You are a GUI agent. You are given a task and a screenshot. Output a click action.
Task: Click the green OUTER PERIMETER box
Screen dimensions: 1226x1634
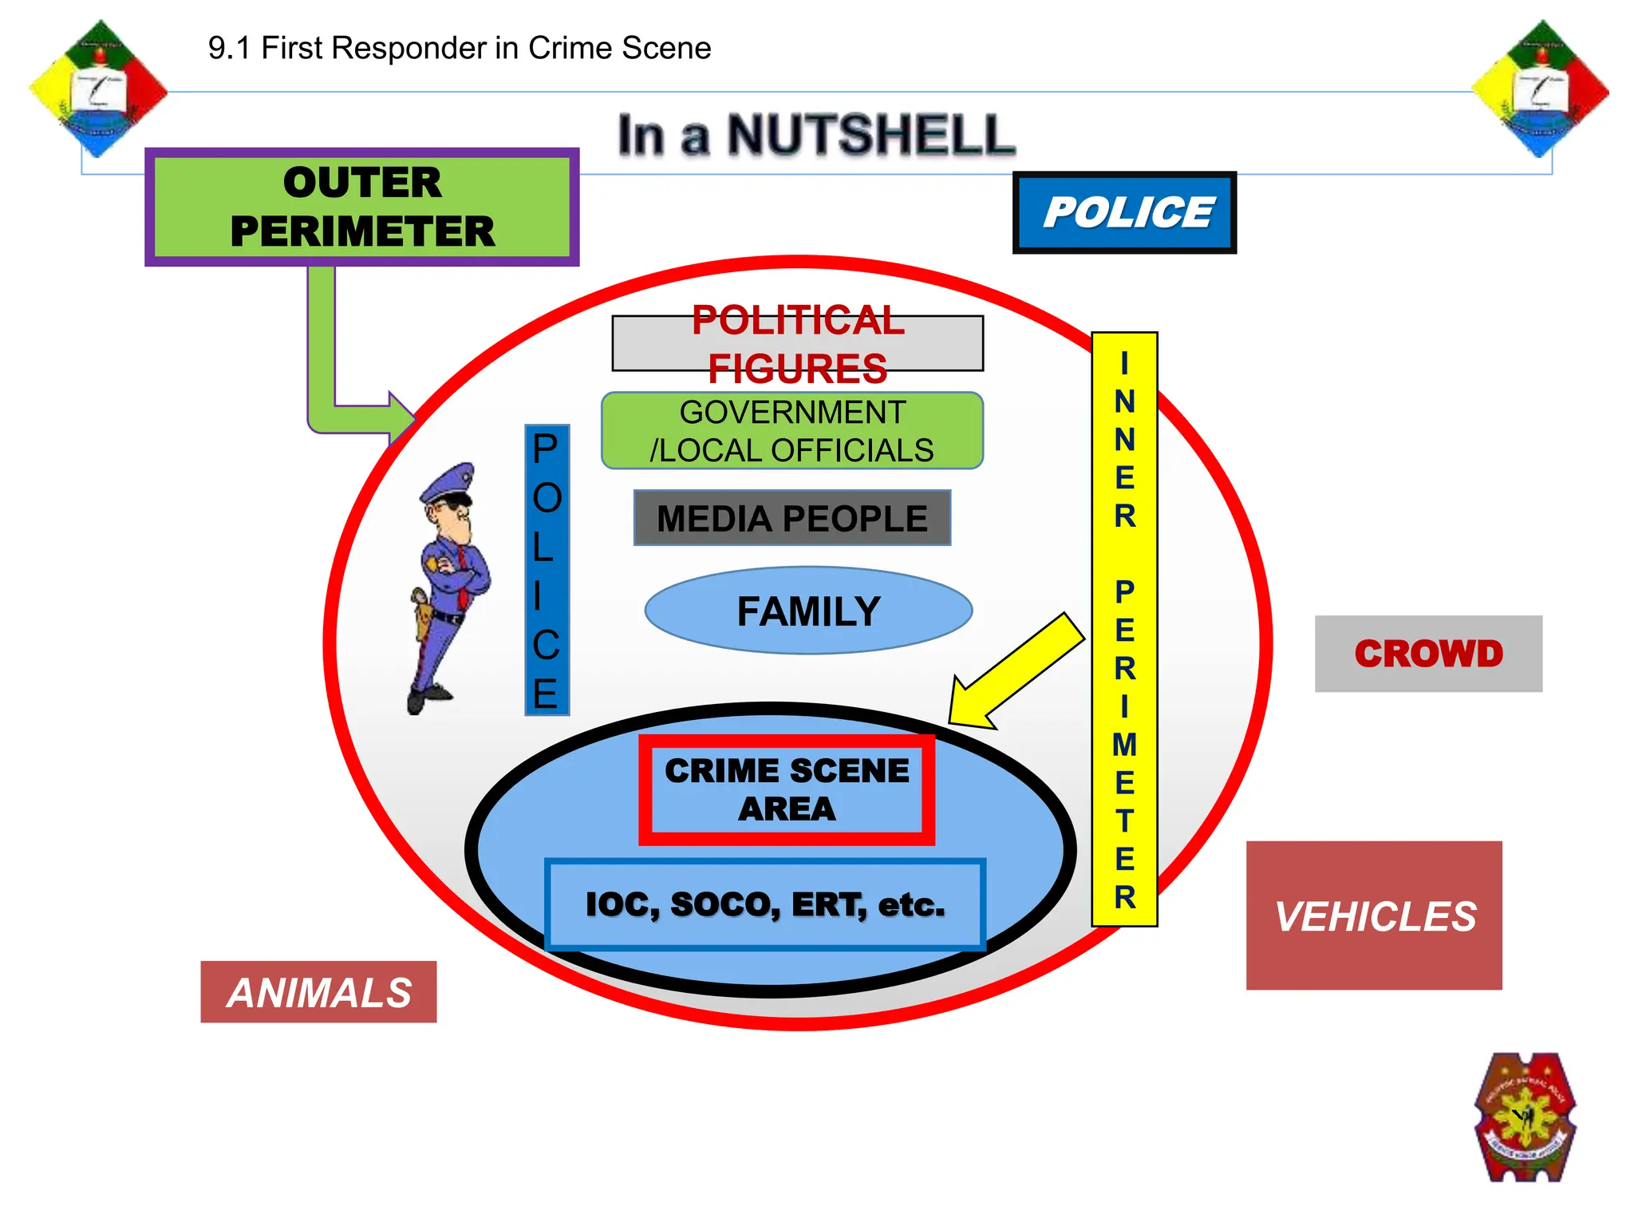click(361, 207)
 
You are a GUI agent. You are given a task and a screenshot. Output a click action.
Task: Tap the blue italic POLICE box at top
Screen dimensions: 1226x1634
click(1124, 212)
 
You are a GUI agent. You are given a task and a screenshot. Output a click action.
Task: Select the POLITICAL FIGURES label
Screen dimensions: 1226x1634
click(797, 343)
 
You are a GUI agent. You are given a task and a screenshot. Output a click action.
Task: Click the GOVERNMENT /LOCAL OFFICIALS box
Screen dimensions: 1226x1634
click(791, 431)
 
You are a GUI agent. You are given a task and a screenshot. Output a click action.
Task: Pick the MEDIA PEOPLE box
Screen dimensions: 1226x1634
click(791, 518)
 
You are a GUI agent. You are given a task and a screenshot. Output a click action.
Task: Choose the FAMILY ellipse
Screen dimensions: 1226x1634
click(808, 611)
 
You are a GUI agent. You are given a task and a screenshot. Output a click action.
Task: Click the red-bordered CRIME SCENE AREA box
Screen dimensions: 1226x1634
click(787, 789)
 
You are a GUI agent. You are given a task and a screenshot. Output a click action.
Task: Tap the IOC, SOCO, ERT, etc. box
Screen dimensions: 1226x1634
click(764, 904)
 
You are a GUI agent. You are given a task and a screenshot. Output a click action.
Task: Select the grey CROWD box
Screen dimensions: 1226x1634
click(1428, 653)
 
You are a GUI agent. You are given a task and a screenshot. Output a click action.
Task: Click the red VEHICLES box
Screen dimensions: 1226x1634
click(1374, 915)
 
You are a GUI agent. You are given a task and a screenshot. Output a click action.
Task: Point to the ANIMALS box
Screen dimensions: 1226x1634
click(318, 992)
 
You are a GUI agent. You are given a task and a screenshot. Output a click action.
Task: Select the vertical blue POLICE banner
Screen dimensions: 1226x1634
click(547, 570)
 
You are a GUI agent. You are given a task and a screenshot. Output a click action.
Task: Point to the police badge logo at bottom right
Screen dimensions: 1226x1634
click(1525, 1117)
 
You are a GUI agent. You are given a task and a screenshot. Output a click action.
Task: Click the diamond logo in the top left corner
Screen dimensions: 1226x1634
click(98, 89)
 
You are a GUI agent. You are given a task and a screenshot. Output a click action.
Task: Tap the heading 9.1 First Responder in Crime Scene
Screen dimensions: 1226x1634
click(459, 48)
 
